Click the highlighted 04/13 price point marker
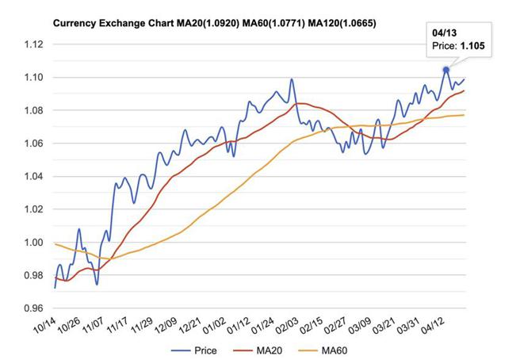(x=446, y=70)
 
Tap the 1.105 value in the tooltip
(x=473, y=48)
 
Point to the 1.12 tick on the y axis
(x=32, y=44)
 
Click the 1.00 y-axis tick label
(x=32, y=243)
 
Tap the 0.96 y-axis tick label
(x=32, y=308)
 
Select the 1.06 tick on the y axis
(x=32, y=144)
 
